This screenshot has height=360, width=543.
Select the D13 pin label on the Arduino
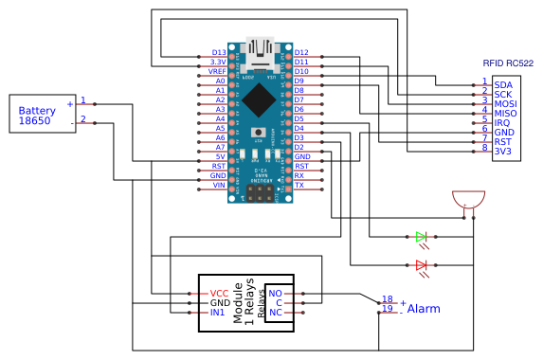coord(219,52)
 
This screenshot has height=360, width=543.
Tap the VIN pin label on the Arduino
coord(218,186)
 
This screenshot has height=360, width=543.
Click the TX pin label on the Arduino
coord(299,186)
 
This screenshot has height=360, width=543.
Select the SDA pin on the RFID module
coord(503,84)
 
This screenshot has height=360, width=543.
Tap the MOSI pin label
coord(506,103)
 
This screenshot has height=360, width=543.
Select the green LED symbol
coord(422,237)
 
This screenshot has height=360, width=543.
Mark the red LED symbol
coord(422,265)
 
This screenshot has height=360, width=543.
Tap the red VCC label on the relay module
coord(219,293)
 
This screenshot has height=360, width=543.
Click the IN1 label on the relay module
coord(218,312)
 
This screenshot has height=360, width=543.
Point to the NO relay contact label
coord(276,293)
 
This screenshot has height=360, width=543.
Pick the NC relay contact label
coord(276,312)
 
